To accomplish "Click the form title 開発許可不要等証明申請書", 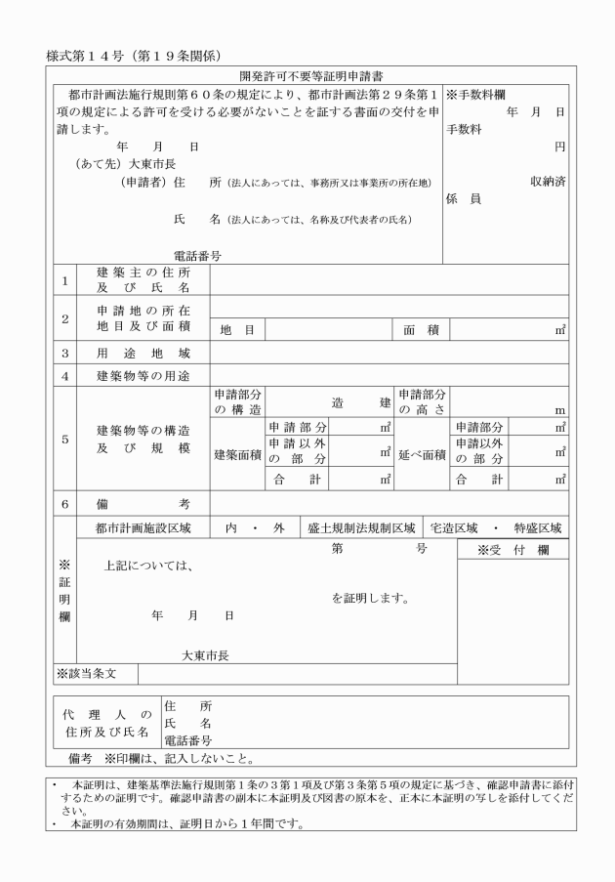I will tap(307, 77).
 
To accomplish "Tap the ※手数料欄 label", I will tap(475, 95).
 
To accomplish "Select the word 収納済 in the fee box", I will tap(549, 181).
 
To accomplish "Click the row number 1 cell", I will tap(64, 280).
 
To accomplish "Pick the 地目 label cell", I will tap(237, 331).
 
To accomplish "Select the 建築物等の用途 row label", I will tap(143, 375).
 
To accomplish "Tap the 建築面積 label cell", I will tap(237, 454).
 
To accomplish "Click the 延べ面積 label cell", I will tap(422, 454).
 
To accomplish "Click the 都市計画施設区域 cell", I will tap(143, 527).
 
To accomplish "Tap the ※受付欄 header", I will tap(512, 551).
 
